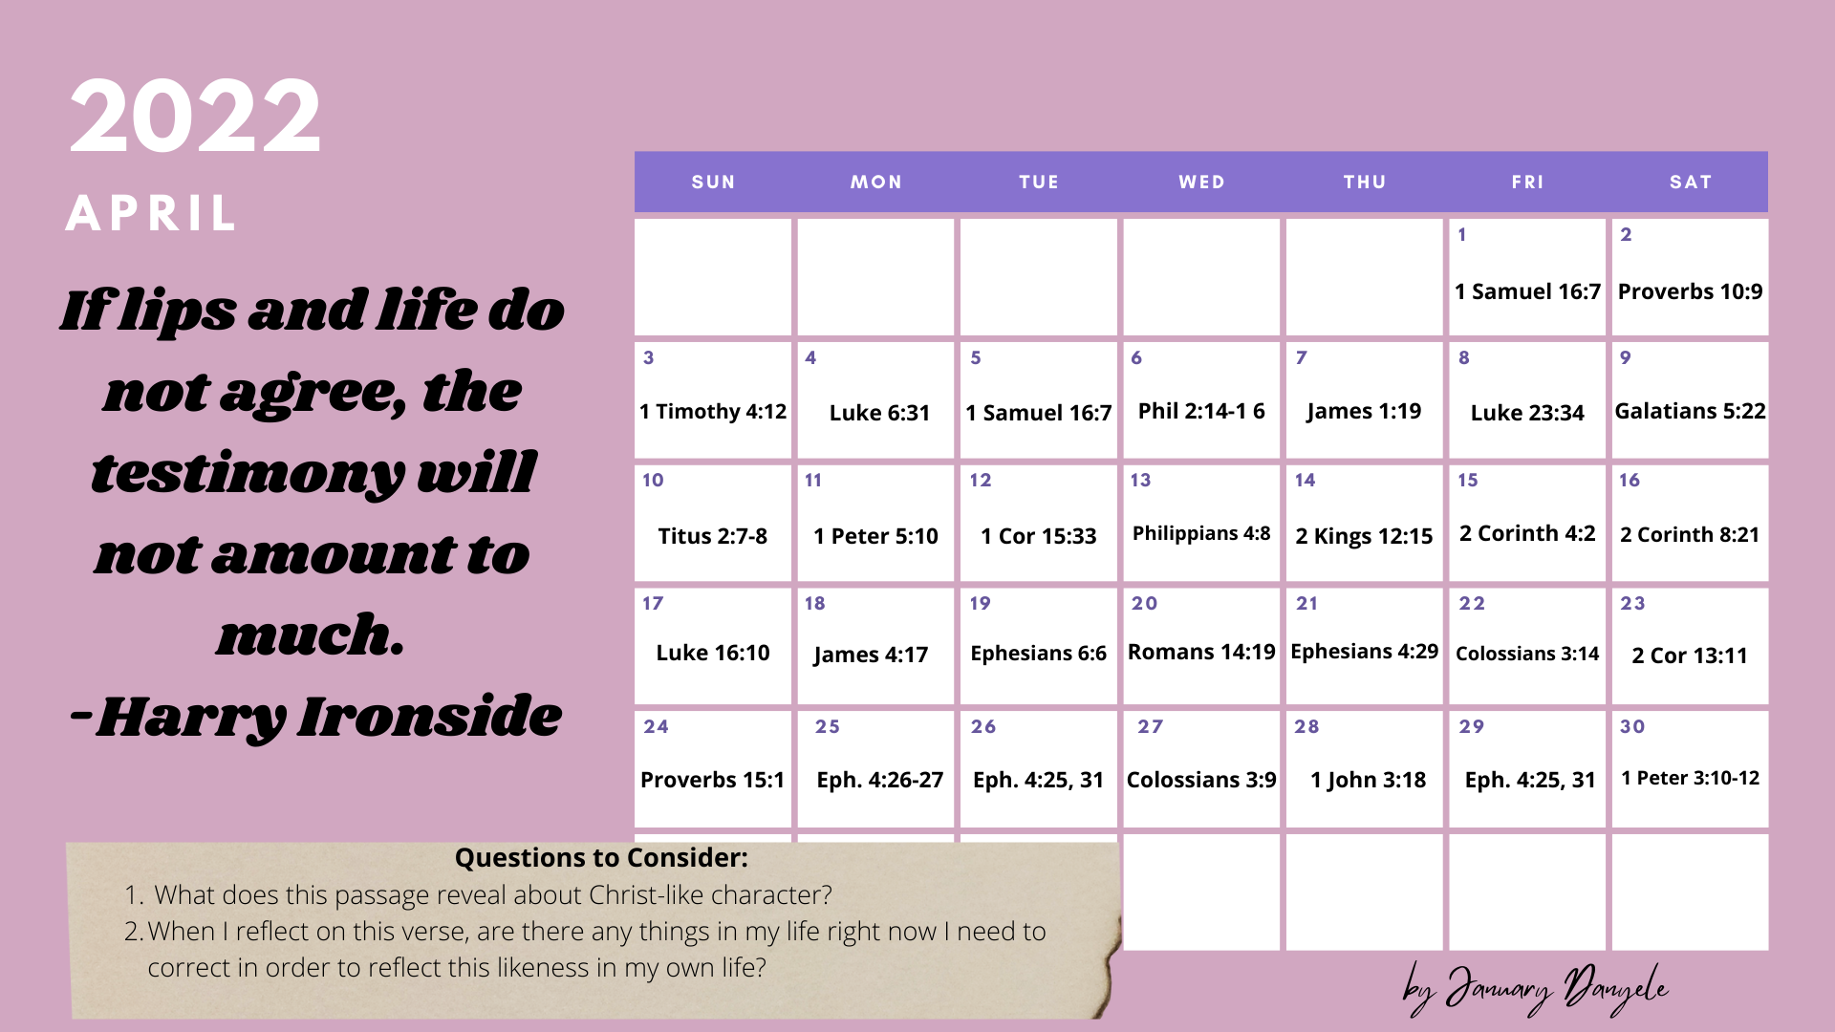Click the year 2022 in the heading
click(195, 117)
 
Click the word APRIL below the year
click(151, 213)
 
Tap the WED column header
click(1201, 182)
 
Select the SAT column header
click(1690, 182)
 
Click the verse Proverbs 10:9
click(1690, 291)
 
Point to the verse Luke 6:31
click(879, 413)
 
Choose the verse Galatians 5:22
click(1690, 411)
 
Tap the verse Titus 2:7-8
click(712, 536)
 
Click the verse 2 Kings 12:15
click(1364, 536)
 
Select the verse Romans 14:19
click(1201, 652)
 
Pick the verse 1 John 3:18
click(1368, 780)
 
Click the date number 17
click(653, 603)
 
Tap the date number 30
click(1632, 726)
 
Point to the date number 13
click(1140, 480)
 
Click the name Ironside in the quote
click(429, 716)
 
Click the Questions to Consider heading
click(601, 858)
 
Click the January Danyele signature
click(1536, 988)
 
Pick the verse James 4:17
click(871, 655)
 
